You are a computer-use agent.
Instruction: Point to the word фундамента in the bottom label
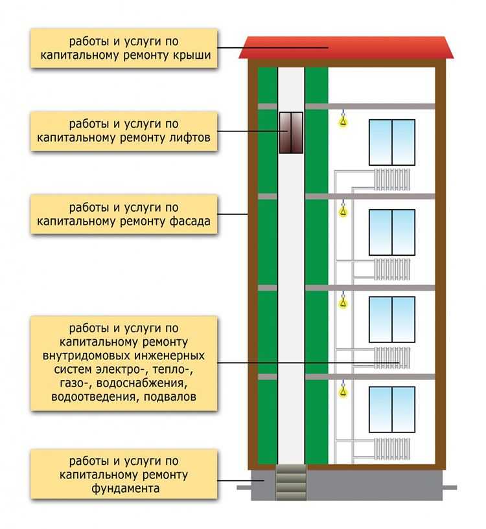pos(125,488)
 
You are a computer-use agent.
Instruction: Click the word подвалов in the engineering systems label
pos(170,396)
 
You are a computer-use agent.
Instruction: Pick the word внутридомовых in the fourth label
pos(86,356)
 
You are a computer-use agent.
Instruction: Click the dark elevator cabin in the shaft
pos(291,133)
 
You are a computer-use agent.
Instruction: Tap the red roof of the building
pos(346,48)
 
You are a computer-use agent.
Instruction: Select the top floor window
pos(392,142)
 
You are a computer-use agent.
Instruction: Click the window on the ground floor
pos(392,410)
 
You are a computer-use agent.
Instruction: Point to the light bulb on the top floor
pos(343,120)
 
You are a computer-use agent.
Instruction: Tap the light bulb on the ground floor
pos(343,389)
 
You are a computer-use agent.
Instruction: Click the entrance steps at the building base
pos(291,482)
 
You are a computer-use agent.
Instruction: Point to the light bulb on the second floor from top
pos(343,210)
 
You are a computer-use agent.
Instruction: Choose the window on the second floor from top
pos(392,232)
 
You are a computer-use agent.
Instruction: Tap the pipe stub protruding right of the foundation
pos(450,488)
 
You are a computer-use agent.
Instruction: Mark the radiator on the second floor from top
pos(392,269)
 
